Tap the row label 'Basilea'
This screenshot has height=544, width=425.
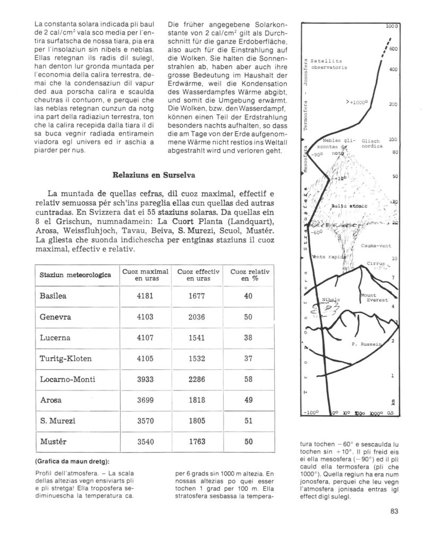pyautogui.click(x=52, y=296)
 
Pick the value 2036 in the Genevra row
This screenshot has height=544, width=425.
pyautogui.click(x=197, y=317)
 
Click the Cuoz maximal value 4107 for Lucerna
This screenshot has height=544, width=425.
pyautogui.click(x=145, y=338)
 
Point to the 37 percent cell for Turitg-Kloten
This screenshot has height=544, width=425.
pyautogui.click(x=248, y=359)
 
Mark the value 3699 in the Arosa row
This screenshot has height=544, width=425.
pyautogui.click(x=145, y=400)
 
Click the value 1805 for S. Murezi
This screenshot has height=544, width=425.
pyautogui.click(x=197, y=421)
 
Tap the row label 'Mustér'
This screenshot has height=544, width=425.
pyautogui.click(x=52, y=441)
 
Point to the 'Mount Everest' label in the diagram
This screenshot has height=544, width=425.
pyautogui.click(x=370, y=297)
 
